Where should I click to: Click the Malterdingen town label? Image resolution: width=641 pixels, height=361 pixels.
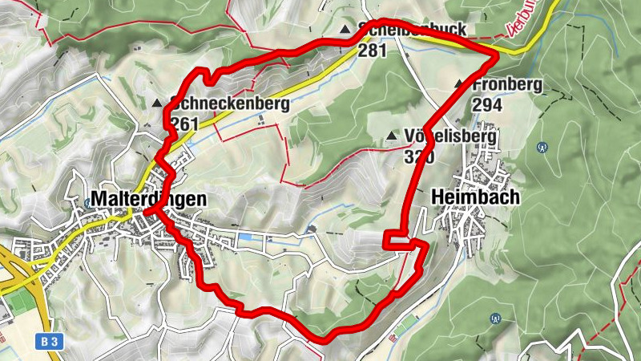point(149,199)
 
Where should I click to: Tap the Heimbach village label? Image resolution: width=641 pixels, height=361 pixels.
point(475,197)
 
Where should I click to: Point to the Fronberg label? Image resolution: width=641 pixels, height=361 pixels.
point(507,84)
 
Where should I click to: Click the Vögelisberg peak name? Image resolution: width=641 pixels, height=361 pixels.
point(451,136)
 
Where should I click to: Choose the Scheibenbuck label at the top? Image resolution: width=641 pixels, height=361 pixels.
point(413,30)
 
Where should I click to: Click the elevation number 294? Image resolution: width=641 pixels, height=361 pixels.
point(487,104)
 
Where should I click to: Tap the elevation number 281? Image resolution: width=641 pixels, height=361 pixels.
point(373,50)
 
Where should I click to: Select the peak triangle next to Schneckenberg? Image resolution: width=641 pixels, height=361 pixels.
point(157,103)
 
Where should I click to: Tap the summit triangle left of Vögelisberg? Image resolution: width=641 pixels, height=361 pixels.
point(391,136)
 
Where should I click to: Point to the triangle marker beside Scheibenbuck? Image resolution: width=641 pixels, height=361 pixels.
point(345,30)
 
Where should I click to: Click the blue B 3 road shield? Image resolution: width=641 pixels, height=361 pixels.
point(49,342)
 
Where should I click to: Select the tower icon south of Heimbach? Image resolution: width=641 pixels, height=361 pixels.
point(494,318)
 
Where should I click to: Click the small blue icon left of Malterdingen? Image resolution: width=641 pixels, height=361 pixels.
point(87,202)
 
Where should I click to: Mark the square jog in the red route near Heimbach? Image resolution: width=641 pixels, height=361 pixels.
point(400,241)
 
